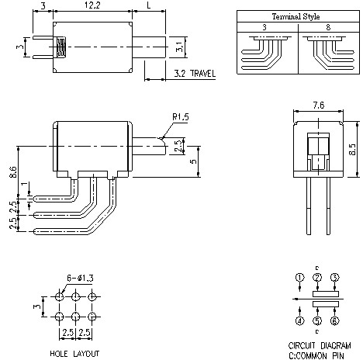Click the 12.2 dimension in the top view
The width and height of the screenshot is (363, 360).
pyautogui.click(x=93, y=6)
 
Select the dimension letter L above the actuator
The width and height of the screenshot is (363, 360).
pyautogui.click(x=147, y=6)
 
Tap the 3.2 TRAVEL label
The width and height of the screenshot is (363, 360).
pyautogui.click(x=191, y=74)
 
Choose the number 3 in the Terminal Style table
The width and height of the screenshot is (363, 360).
pyautogui.click(x=264, y=26)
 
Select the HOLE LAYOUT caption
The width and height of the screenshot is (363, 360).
pyautogui.click(x=75, y=352)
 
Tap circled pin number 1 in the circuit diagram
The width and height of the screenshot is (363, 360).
pyautogui.click(x=299, y=278)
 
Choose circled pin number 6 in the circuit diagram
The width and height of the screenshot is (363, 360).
pyautogui.click(x=335, y=320)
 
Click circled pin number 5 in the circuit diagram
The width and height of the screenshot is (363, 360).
pyautogui.click(x=317, y=320)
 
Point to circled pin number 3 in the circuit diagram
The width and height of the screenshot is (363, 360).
pyautogui.click(x=335, y=278)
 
